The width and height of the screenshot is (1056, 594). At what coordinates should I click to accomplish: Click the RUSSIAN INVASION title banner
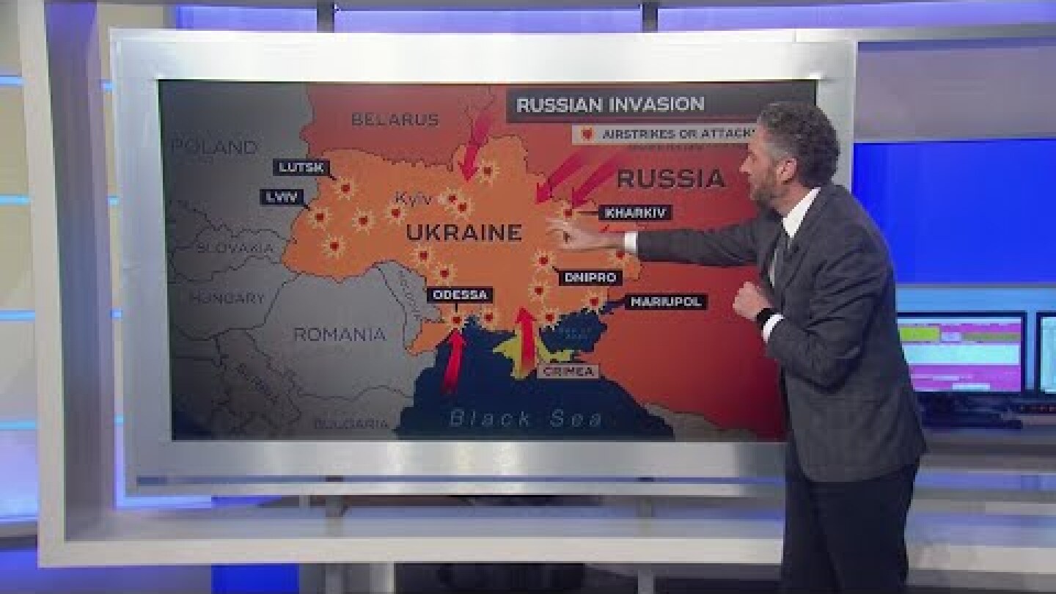tap(610, 105)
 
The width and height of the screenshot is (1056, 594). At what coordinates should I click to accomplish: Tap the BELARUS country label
tap(395, 120)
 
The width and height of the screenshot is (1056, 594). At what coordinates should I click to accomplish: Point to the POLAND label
tap(215, 147)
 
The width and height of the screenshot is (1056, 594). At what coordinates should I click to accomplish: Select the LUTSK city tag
tap(300, 167)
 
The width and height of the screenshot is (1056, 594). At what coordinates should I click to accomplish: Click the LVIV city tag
tap(282, 197)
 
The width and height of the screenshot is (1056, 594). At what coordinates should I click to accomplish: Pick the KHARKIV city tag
tap(635, 213)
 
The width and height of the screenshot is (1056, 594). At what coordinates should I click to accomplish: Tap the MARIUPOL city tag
tap(665, 301)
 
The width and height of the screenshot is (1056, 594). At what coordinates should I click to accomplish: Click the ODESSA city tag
tap(460, 295)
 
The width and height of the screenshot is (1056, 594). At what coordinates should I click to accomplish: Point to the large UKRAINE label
tap(463, 233)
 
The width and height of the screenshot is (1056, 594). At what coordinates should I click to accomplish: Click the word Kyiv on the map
tap(413, 199)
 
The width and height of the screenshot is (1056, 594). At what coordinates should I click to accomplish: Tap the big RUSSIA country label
tap(671, 178)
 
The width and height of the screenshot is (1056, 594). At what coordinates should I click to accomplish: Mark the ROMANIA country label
tap(340, 334)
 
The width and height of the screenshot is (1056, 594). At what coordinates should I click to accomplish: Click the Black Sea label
tap(526, 419)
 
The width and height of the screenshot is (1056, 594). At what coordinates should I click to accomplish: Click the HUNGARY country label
tap(227, 298)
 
